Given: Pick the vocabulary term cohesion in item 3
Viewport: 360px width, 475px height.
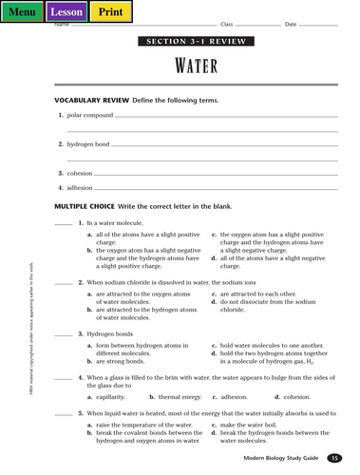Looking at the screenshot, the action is point(80,173).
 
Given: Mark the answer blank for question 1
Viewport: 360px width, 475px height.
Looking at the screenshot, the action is point(63,224).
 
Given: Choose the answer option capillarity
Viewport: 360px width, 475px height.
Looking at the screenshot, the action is point(111,396).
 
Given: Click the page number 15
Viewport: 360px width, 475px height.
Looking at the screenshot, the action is point(333,459).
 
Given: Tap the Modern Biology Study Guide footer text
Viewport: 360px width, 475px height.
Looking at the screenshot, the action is point(280,459).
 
